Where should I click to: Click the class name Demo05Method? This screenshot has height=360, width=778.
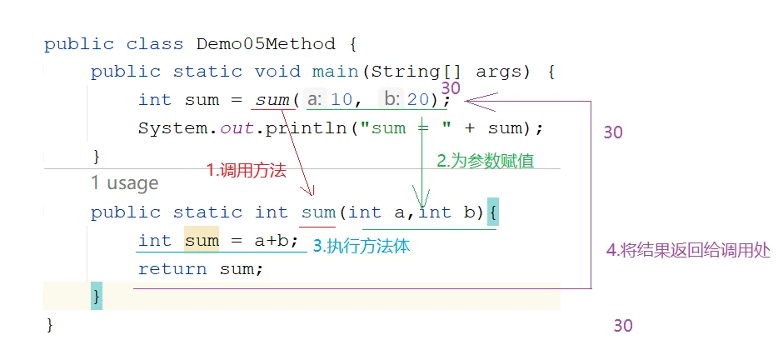tap(266, 44)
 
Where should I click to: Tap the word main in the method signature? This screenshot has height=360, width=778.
tap(335, 72)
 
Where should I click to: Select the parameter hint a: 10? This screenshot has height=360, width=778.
tap(330, 100)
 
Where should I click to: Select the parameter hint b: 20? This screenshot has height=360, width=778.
tap(406, 100)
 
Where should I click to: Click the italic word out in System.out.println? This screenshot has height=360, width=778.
tap(237, 128)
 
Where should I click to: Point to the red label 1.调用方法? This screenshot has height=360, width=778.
tap(247, 171)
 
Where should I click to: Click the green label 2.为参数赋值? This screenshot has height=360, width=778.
tap(486, 161)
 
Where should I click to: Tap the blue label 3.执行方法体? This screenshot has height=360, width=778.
tap(362, 247)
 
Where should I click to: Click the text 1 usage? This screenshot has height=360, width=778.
tap(125, 183)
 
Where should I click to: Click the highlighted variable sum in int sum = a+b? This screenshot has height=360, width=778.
tap(202, 241)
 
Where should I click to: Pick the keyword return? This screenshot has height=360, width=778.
tap(172, 269)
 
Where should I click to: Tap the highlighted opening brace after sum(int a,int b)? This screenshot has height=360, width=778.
tap(492, 212)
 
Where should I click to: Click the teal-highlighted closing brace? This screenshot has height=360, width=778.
tap(97, 297)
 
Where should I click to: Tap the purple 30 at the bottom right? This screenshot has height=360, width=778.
tap(623, 326)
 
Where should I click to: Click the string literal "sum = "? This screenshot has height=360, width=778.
tap(406, 128)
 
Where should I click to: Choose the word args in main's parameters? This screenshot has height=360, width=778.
tap(500, 72)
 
